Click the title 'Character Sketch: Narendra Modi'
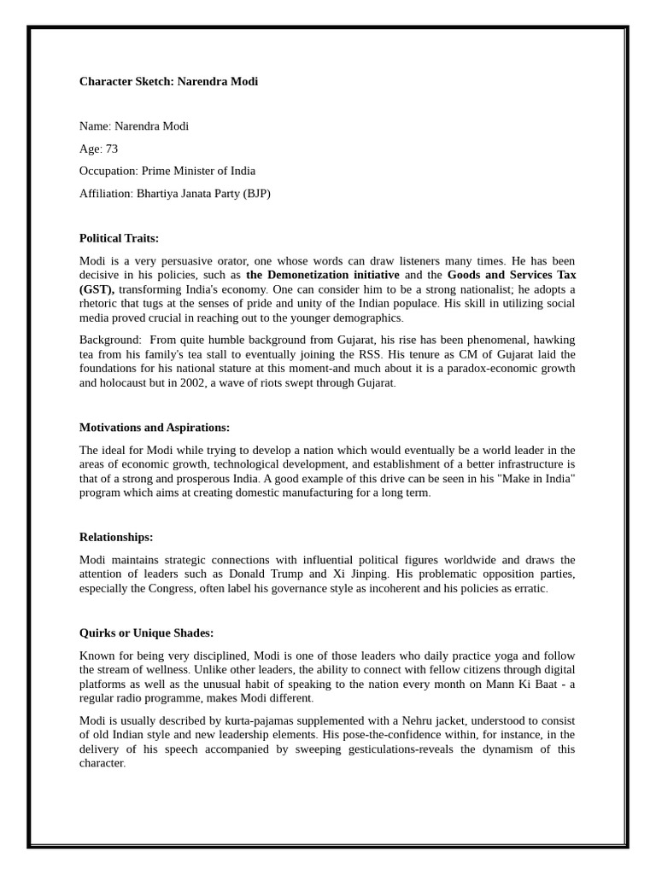coord(168,82)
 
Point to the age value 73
coord(112,149)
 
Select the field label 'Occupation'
coord(108,171)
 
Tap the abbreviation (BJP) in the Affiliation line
coord(256,194)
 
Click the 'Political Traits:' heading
coord(119,238)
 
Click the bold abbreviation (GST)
coord(97,289)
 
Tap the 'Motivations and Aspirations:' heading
coord(155,428)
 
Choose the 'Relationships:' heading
coord(116,537)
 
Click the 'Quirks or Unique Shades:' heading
coord(146,632)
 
